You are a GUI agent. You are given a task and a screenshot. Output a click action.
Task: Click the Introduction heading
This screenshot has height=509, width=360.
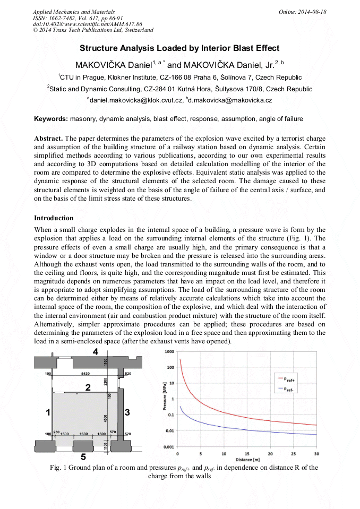pyautogui.click(x=54, y=218)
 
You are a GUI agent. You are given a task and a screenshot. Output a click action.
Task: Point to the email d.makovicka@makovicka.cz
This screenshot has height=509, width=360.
pyautogui.click(x=232, y=100)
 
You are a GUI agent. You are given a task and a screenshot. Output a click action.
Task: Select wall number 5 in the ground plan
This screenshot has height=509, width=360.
pyautogui.click(x=82, y=456)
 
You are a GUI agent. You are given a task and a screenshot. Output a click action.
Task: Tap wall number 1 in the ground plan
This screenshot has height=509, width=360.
pyautogui.click(x=48, y=412)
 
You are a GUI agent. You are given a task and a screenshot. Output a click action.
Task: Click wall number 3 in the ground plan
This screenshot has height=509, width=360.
pyautogui.click(x=127, y=412)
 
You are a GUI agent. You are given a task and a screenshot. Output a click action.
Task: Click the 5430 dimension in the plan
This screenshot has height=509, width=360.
pyautogui.click(x=85, y=374)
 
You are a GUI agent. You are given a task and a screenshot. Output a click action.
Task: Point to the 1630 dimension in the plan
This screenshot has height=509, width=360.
pyautogui.click(x=83, y=434)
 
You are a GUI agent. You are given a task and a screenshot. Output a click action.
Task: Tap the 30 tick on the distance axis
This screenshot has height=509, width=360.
pyautogui.click(x=316, y=454)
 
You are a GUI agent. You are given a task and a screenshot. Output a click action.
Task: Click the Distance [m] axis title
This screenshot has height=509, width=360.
pyautogui.click(x=247, y=459)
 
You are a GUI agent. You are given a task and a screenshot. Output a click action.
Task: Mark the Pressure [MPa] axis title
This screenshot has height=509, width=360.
pyautogui.click(x=157, y=399)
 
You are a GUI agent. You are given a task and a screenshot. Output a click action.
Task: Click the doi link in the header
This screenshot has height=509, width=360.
pyautogui.click(x=88, y=24)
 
